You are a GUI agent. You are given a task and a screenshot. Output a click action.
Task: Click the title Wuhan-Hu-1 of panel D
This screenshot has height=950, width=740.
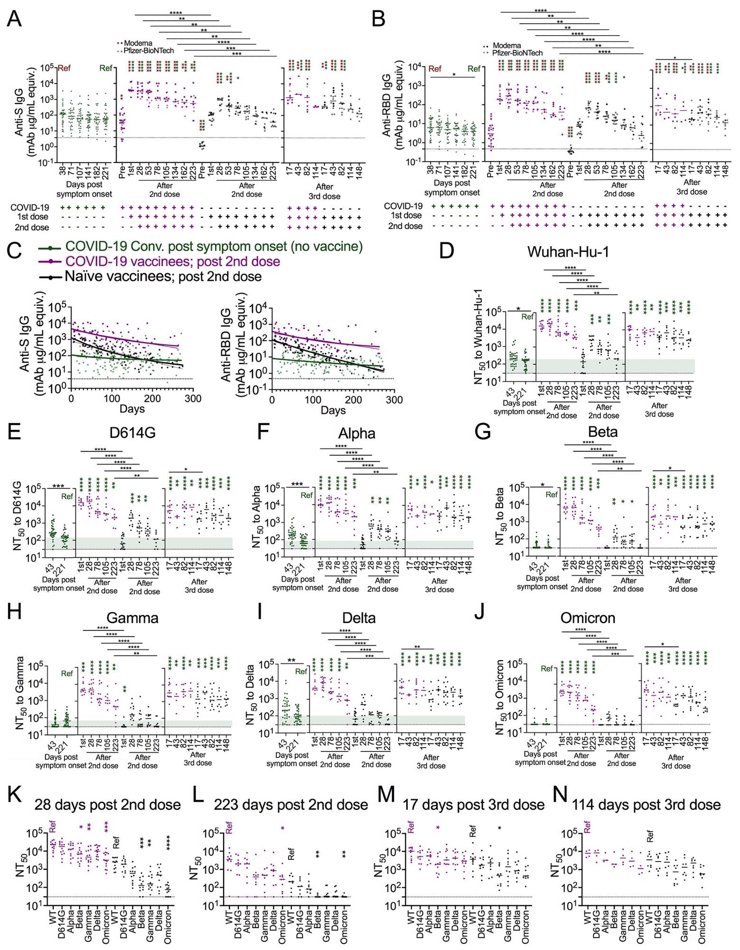point(568,252)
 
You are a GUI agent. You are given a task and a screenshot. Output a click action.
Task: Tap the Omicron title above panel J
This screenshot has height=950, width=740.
point(588,617)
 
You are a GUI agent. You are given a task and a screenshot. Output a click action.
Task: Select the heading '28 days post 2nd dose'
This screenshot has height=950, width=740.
point(108,805)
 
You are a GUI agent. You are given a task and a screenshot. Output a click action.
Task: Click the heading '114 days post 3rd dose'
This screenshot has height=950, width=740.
point(646,805)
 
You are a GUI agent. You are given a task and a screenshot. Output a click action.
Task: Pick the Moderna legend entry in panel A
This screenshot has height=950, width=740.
point(138,43)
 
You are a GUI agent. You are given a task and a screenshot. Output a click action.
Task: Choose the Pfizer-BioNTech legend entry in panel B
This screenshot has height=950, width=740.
point(517,53)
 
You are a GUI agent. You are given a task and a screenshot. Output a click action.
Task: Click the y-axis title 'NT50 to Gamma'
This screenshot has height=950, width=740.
point(20,693)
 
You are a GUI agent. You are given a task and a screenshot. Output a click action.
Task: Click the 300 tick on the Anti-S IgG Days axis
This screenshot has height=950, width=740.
point(193,399)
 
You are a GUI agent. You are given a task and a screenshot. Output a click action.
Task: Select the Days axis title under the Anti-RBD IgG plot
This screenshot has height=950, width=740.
point(333,410)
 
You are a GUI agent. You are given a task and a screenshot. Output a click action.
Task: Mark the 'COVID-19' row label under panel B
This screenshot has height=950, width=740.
point(403,206)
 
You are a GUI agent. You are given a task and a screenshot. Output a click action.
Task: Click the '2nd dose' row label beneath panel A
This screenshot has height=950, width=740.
point(32,227)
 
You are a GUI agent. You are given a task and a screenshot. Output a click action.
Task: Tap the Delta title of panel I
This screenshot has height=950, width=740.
point(359,617)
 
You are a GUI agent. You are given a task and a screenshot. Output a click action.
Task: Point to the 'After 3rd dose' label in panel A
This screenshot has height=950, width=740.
point(324,191)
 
